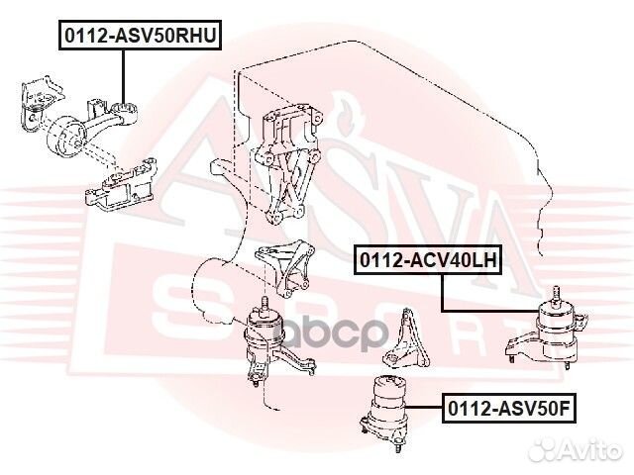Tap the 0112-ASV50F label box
click(x=510, y=407)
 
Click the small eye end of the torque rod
click(x=127, y=108)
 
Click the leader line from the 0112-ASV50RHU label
click(x=124, y=74)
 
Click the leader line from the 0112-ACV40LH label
click(x=441, y=292)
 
